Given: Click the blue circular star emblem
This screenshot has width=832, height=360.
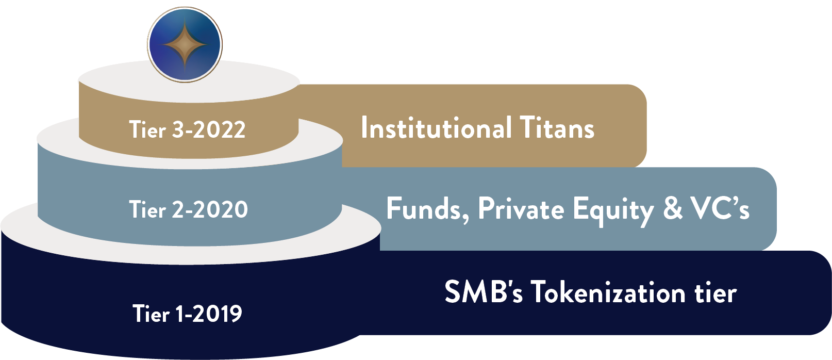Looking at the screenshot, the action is (185, 44).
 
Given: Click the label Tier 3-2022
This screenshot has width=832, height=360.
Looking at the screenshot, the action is (187, 129).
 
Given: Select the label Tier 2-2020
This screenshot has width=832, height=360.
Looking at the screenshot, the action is (188, 209).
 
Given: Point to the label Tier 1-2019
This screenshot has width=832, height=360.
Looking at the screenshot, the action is (187, 314).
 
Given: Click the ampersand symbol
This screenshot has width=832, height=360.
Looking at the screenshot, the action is (673, 208).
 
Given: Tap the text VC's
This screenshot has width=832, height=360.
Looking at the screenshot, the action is (720, 208).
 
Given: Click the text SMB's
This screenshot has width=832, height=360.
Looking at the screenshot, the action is (484, 291).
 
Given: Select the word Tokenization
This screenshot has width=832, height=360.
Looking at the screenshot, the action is (608, 291).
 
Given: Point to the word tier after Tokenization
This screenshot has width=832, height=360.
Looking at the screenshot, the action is (715, 292).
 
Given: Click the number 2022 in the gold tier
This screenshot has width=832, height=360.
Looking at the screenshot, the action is (219, 129).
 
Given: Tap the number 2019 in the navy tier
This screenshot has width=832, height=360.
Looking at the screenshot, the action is (218, 314).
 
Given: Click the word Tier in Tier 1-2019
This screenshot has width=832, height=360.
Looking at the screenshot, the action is (151, 314).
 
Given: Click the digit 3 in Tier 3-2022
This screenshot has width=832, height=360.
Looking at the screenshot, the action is (179, 129).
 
